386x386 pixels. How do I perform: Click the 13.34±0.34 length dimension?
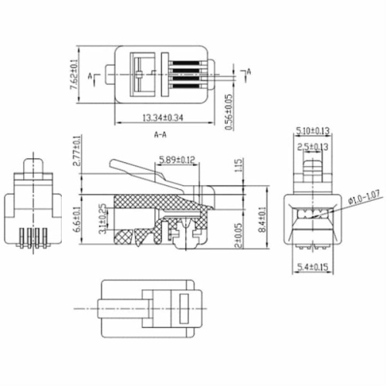click(x=163, y=117)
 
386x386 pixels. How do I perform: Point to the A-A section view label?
click(x=162, y=134)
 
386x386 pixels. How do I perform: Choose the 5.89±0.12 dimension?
click(x=177, y=161)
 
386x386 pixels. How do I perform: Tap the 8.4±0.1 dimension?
click(x=265, y=218)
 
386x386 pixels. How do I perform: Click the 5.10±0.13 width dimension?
click(x=313, y=130)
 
